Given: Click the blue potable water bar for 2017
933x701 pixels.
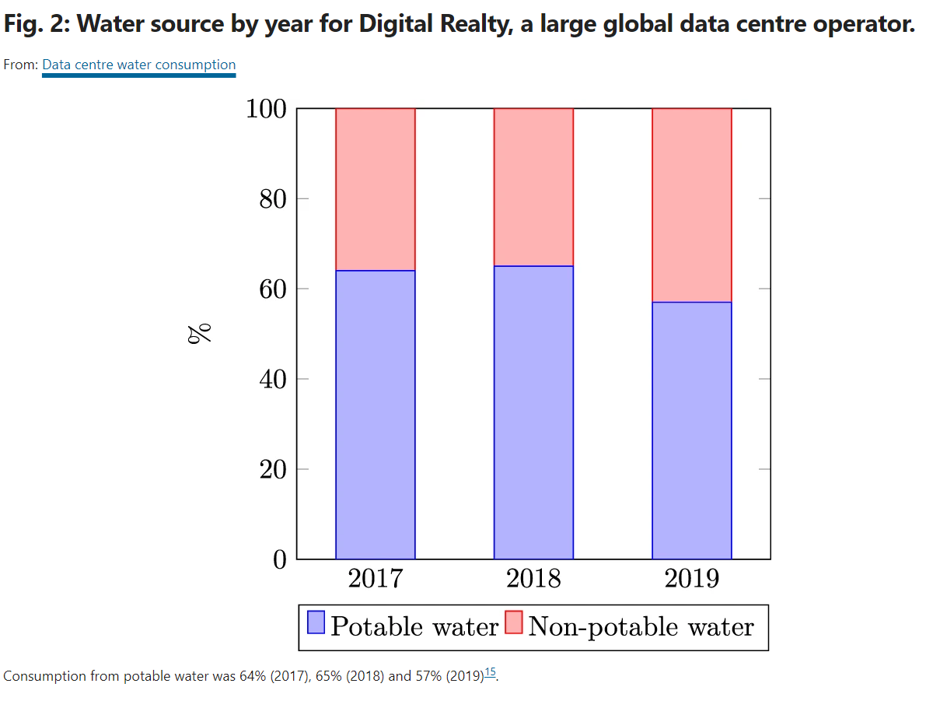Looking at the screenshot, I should [376, 415].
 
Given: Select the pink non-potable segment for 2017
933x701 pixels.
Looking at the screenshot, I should [376, 189].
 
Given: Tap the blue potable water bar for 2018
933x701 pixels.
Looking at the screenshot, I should [533, 412].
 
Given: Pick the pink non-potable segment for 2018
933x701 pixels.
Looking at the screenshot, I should [533, 187].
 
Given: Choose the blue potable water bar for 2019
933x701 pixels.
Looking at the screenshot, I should [692, 430].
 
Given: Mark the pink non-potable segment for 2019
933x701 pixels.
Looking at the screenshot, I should [692, 205].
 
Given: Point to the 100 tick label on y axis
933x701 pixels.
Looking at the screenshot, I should [267, 109].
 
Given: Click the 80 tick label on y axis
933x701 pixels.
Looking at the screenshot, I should [274, 199].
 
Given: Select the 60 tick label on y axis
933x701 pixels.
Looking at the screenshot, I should [274, 289].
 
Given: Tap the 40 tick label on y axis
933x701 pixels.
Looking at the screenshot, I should [274, 380].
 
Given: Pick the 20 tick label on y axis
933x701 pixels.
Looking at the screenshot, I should [274, 470].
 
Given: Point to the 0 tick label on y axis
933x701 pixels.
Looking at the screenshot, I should [281, 559].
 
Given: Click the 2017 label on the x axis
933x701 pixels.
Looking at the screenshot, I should [376, 580].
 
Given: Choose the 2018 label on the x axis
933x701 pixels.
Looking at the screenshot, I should [533, 580].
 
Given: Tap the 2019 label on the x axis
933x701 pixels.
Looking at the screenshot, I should [692, 580].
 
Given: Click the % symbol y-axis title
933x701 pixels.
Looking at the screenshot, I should [200, 334].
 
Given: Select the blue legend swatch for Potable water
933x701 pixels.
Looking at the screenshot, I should [316, 624].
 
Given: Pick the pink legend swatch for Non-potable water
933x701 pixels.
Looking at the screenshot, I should [514, 624].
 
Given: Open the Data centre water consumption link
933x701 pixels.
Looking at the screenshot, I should [138, 65].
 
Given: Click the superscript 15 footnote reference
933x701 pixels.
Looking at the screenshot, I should [490, 673].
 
